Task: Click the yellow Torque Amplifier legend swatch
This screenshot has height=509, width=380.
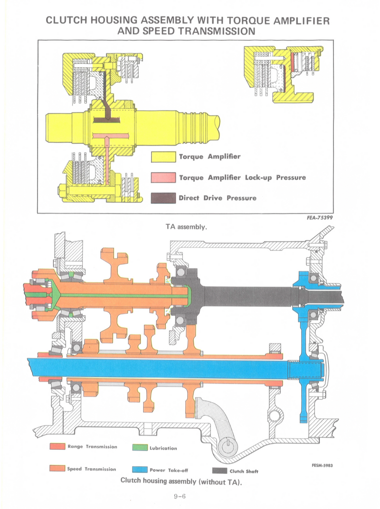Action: tap(163, 157)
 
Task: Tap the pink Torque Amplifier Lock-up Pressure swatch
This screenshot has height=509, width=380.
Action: tap(163, 177)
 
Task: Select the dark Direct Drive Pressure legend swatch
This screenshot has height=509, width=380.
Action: tap(163, 198)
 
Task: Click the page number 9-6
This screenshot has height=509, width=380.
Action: tap(182, 496)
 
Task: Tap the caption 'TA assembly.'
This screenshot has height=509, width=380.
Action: tap(186, 227)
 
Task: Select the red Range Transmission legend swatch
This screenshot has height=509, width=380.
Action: tap(57, 446)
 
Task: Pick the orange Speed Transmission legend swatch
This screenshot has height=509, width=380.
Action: tap(57, 469)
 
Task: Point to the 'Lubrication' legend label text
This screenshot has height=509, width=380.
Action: tap(163, 448)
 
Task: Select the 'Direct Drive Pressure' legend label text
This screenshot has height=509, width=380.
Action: tap(217, 198)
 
